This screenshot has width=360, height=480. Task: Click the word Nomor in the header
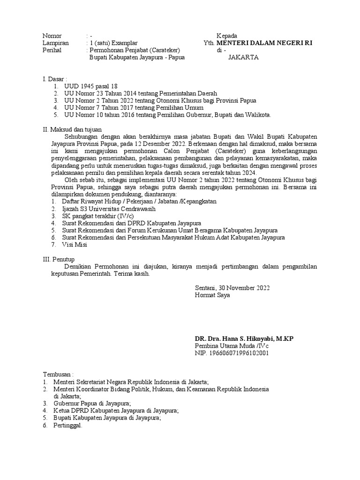(52, 36)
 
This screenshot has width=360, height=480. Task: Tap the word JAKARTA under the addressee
(243, 58)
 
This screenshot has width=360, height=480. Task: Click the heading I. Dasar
(55, 79)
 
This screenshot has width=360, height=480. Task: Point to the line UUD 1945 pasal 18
(90, 86)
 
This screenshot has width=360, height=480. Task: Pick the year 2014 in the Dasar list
(130, 93)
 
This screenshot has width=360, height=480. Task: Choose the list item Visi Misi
(75, 244)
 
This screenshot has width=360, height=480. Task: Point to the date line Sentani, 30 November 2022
(232, 288)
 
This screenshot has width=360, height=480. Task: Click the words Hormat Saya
(212, 295)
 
